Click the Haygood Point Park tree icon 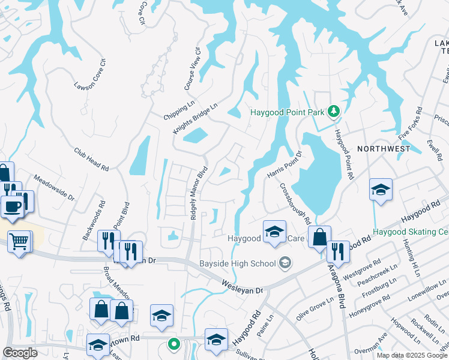tap(334, 112)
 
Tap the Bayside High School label tap(237, 263)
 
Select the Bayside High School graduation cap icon tap(285, 263)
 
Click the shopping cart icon tap(19, 242)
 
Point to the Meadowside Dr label tap(53, 188)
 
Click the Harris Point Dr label tap(283, 164)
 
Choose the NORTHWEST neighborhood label tap(384, 148)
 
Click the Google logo tap(20, 353)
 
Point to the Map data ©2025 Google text tap(411, 355)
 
